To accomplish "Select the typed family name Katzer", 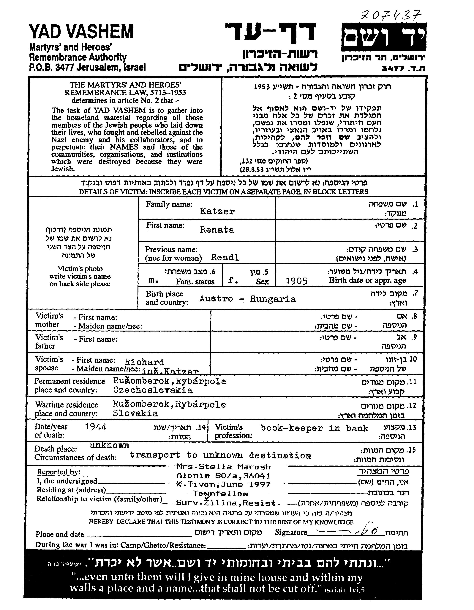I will tap(217, 211).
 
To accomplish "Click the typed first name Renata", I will tap(217, 230).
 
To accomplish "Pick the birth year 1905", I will tap(297, 281).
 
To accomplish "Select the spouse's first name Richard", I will tap(144, 362).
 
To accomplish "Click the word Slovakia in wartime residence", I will tap(135, 413).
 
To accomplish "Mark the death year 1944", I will tap(96, 427).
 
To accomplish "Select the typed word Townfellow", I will tap(221, 494).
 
